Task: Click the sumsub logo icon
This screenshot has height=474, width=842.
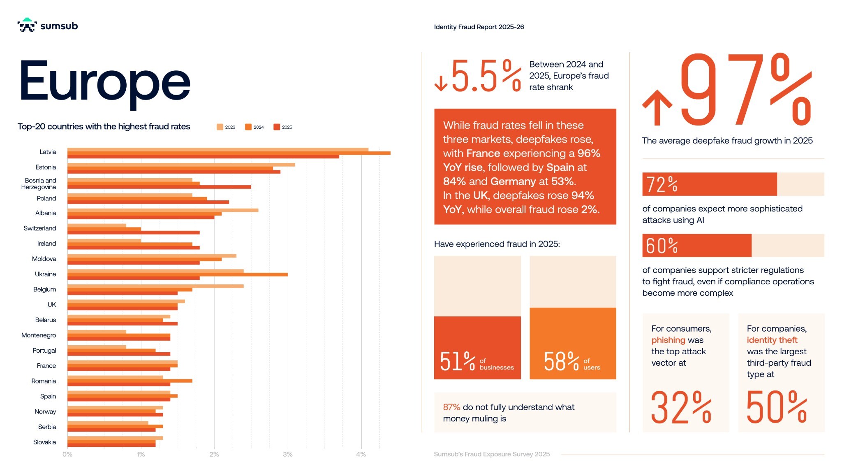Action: tap(27, 25)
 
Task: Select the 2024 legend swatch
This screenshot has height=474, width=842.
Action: tap(248, 127)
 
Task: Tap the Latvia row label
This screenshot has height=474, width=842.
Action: tap(48, 152)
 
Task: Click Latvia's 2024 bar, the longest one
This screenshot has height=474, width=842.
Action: tap(229, 153)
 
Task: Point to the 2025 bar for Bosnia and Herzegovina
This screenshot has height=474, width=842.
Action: tap(159, 187)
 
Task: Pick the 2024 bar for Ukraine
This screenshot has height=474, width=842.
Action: tap(177, 274)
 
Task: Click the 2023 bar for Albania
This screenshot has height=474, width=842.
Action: tap(163, 210)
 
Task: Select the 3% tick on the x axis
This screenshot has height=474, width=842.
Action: tap(287, 454)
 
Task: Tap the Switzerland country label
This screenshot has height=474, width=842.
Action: tap(40, 228)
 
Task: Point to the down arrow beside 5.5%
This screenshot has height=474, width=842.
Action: tap(441, 83)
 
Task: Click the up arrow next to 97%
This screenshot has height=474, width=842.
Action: tap(657, 107)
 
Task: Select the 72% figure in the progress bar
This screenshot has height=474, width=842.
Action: tap(662, 184)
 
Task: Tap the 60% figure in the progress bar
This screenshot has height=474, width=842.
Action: tap(662, 246)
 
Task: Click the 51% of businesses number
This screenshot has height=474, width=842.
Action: tap(457, 362)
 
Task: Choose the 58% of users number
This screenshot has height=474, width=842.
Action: tap(561, 362)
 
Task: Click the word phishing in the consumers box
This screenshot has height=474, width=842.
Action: tap(668, 340)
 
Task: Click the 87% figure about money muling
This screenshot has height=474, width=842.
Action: tap(451, 407)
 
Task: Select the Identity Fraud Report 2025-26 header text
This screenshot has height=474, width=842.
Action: tap(479, 27)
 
